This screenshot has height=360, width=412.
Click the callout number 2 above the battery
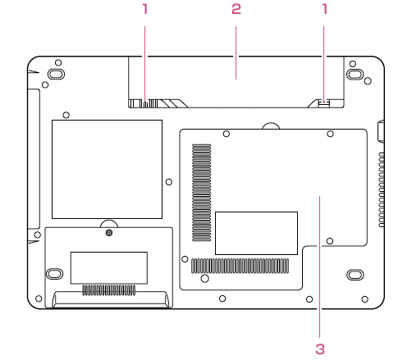pyautogui.click(x=236, y=9)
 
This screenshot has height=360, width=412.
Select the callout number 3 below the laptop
pyautogui.click(x=320, y=349)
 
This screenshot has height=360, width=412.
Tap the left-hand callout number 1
pyautogui.click(x=145, y=9)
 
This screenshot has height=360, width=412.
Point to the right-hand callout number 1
pyautogui.click(x=325, y=9)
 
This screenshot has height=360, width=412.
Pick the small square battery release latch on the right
pyautogui.click(x=324, y=103)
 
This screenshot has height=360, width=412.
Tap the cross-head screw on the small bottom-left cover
pyautogui.click(x=109, y=233)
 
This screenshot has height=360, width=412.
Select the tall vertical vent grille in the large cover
pyautogui.click(x=202, y=193)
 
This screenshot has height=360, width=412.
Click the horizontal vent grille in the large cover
pyautogui.click(x=240, y=266)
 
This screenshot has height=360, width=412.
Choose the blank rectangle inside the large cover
pyautogui.click(x=256, y=233)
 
